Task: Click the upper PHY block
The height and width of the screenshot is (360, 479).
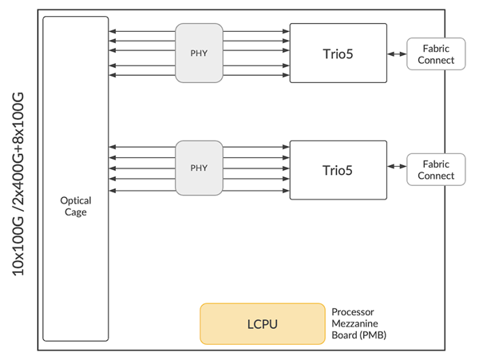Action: tap(199, 53)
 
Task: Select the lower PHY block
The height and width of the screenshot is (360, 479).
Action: tap(199, 168)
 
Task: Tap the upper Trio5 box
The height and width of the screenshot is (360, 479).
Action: tap(338, 53)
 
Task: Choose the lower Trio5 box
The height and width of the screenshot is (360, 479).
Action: tap(338, 169)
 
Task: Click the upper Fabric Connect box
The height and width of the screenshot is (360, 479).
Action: tap(436, 53)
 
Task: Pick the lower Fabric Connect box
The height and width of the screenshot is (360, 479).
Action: tap(436, 169)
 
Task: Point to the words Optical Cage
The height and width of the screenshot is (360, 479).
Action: tap(76, 207)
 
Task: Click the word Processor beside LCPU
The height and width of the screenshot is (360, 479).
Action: tap(353, 311)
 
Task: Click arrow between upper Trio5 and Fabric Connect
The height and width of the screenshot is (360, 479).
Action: tap(397, 53)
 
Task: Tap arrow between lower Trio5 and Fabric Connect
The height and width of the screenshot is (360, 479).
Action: tap(397, 169)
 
